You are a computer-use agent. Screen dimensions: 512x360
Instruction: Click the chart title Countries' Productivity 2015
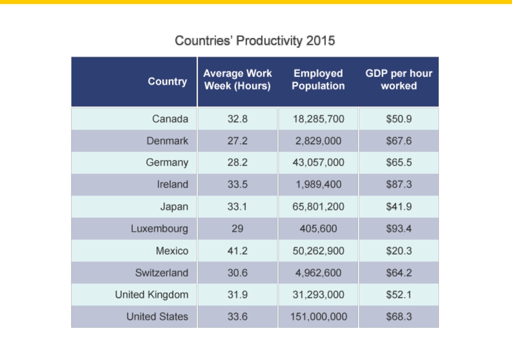[254, 41]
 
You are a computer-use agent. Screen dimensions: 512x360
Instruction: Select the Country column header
[167, 81]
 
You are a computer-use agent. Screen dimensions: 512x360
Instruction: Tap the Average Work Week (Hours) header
[237, 79]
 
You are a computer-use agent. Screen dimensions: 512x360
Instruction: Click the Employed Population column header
[318, 79]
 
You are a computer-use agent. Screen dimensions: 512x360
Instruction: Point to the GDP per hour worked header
[399, 79]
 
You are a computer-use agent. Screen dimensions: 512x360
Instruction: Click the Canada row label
[170, 119]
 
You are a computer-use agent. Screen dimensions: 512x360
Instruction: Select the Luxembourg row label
[159, 229]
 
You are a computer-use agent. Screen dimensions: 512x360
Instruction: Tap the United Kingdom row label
[151, 295]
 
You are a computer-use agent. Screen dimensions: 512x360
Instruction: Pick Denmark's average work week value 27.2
[237, 141]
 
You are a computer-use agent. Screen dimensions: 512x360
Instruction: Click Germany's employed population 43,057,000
[319, 162]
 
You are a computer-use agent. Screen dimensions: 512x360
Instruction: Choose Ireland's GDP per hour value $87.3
[399, 184]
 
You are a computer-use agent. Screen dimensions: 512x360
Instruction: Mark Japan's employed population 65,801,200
[319, 207]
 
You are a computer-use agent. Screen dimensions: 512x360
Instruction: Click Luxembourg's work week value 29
[237, 229]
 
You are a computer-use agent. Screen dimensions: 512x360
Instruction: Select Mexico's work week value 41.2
[237, 250]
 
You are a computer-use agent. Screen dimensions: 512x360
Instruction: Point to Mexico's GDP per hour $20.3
[399, 250]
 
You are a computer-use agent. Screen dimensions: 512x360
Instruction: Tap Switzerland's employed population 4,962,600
[319, 273]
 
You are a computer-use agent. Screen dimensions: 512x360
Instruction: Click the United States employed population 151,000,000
[319, 317]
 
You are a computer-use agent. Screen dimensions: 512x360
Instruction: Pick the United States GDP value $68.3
[399, 317]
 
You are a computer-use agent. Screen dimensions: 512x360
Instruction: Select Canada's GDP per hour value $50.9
[399, 119]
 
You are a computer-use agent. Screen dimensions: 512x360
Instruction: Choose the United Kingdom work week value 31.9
[237, 295]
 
